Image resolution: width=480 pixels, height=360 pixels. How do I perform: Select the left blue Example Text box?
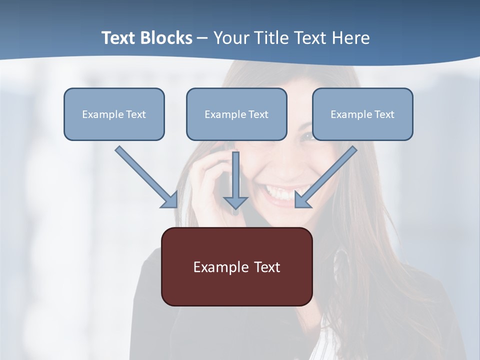[x=114, y=114]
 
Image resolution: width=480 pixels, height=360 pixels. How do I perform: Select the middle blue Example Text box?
[x=236, y=114]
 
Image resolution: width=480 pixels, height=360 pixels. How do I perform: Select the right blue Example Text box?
[x=362, y=114]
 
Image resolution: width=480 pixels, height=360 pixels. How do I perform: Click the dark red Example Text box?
[x=236, y=267]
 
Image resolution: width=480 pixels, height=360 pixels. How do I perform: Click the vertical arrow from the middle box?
[x=235, y=175]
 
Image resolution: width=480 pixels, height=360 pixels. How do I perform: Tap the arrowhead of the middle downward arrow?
[x=235, y=202]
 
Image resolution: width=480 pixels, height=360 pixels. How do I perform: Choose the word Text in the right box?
[x=384, y=114]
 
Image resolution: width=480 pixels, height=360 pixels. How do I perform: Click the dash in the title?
[x=202, y=38]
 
